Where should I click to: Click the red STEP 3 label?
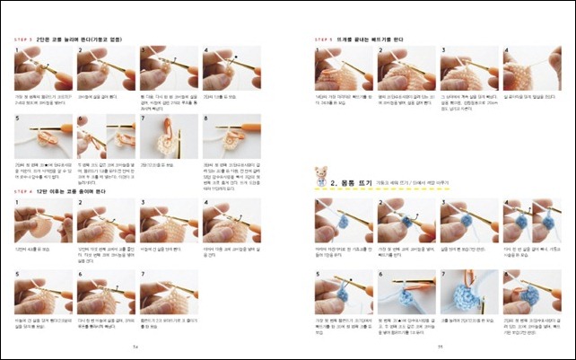[22, 40]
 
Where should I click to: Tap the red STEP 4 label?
[22, 191]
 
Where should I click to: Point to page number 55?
[441, 347]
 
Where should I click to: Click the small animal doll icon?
[319, 175]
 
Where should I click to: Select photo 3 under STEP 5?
[467, 68]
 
